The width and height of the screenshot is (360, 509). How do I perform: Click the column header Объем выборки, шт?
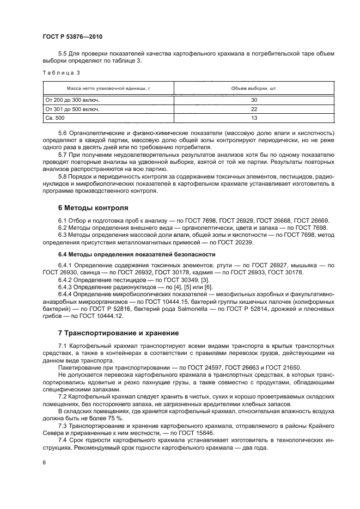254,88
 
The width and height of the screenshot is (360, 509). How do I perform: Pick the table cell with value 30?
254,100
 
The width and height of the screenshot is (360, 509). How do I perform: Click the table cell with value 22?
254,109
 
